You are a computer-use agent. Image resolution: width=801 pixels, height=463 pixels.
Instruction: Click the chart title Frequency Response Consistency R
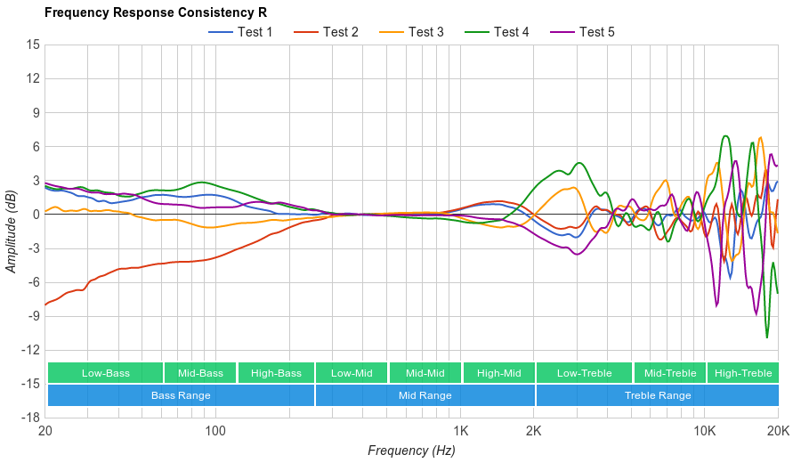155,12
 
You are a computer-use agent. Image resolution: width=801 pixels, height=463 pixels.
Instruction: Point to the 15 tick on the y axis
33,45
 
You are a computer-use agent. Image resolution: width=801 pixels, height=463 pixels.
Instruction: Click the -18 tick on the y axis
30,418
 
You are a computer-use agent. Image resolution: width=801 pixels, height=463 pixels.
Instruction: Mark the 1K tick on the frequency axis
460,431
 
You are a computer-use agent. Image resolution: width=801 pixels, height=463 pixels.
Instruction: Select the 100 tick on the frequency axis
215,431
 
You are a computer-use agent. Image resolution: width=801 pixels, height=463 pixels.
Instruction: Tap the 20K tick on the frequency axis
778,431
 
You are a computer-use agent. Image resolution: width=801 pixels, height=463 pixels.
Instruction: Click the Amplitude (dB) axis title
12,231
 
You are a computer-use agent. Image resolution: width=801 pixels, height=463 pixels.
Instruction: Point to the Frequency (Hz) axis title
411,451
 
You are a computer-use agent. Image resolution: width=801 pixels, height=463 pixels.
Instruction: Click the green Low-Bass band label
106,373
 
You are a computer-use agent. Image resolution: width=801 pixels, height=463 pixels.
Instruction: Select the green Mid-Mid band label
425,373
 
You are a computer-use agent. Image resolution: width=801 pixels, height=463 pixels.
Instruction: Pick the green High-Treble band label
743,373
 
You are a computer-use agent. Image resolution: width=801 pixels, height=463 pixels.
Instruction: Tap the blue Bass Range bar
181,395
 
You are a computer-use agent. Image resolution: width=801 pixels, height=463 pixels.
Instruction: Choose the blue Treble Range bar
658,395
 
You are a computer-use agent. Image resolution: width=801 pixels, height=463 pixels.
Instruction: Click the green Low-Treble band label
584,373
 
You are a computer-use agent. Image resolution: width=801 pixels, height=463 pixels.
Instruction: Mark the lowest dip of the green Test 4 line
767,337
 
